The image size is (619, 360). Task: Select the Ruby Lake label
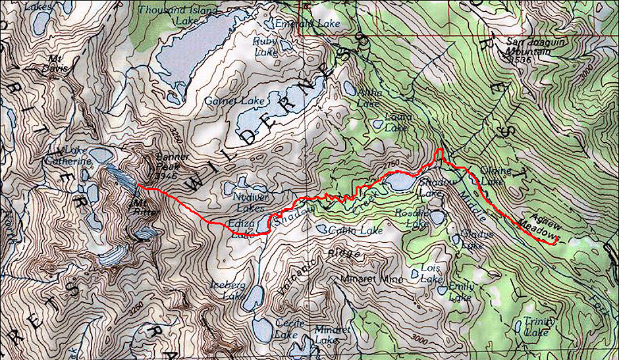pyautogui.click(x=265, y=46)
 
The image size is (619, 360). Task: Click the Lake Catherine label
pyautogui.click(x=67, y=156)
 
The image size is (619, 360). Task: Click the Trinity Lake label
pyautogui.click(x=531, y=327)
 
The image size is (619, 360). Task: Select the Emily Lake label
pyautogui.click(x=461, y=292)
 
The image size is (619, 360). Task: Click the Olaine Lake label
pyautogui.click(x=496, y=176)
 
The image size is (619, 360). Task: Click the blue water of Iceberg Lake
pyautogui.click(x=251, y=297)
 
